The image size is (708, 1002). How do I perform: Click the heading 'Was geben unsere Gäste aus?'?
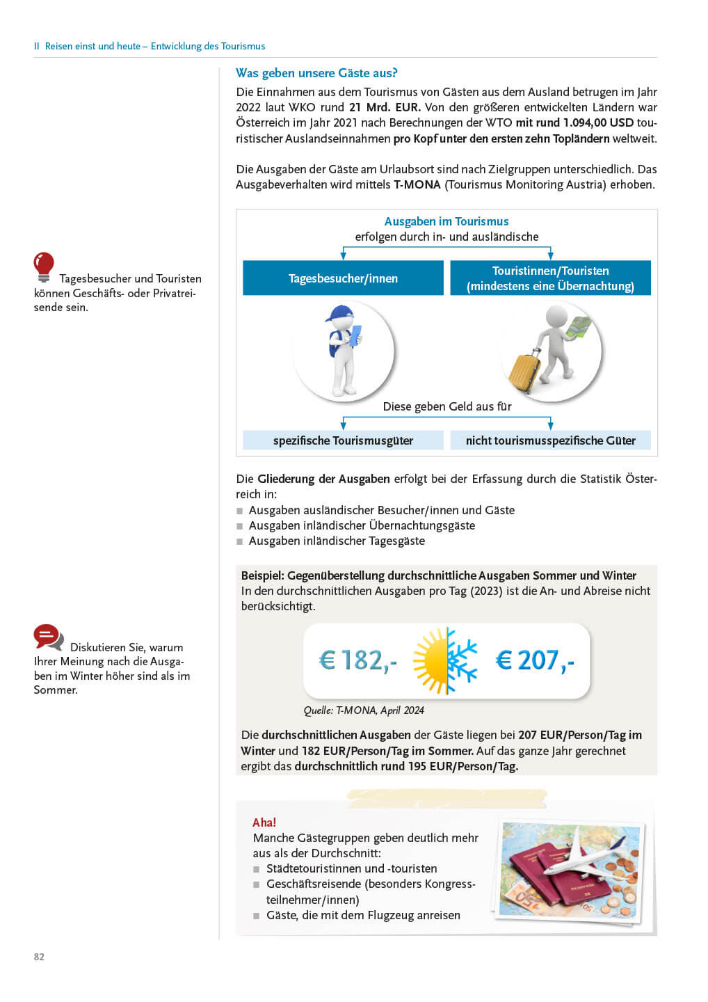tap(316, 73)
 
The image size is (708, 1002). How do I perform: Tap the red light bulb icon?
tap(44, 266)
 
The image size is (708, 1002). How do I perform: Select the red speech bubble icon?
tap(47, 636)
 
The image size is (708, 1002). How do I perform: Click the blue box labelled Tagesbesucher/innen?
tap(343, 278)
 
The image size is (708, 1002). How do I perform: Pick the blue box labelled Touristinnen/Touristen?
tap(550, 278)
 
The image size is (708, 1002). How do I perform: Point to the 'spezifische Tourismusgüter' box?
tap(343, 440)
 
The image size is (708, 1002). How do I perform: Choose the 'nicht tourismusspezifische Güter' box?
tap(550, 440)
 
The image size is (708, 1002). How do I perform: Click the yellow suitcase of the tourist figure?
tap(524, 372)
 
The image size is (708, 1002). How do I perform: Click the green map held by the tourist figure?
tap(579, 328)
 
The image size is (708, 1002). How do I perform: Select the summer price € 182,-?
tap(357, 660)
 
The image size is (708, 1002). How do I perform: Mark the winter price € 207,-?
tap(534, 660)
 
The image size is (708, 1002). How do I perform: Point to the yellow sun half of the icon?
tap(431, 661)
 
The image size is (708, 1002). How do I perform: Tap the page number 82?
tap(39, 957)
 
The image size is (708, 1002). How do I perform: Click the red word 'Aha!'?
tap(264, 822)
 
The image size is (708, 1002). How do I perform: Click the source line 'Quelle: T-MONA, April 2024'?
tap(364, 710)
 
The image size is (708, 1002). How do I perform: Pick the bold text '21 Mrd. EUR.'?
tap(385, 107)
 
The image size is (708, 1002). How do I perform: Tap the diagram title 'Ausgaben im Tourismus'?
tap(446, 221)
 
